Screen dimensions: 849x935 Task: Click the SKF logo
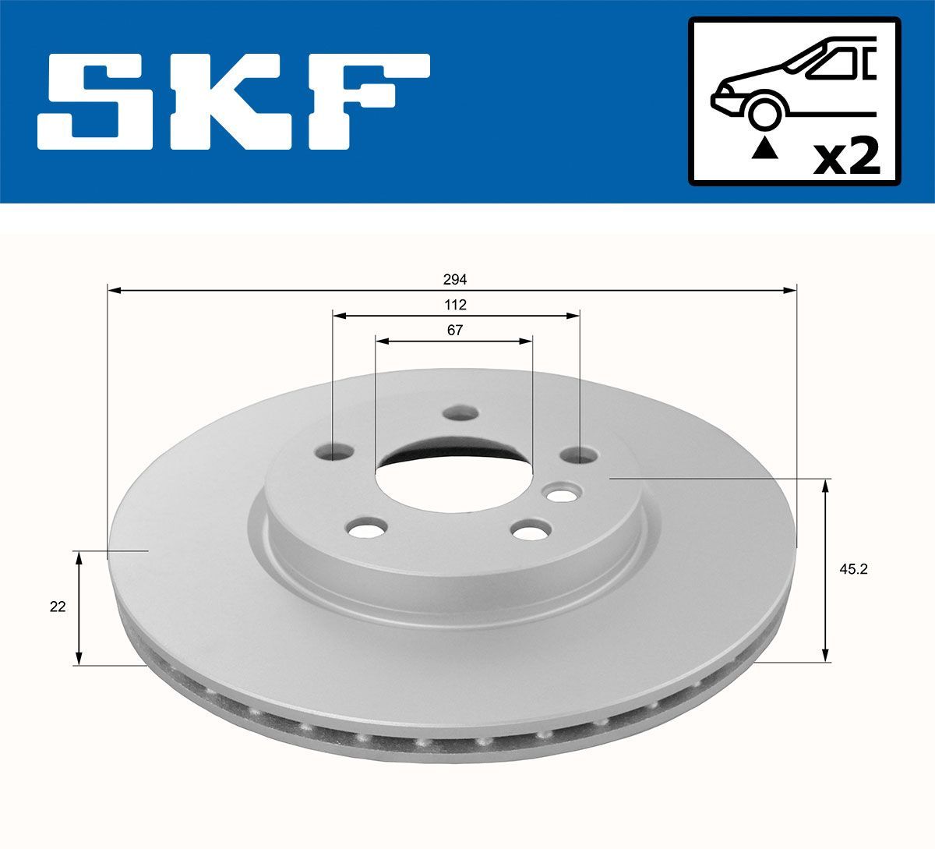click(x=234, y=101)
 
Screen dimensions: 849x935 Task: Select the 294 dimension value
click(x=455, y=279)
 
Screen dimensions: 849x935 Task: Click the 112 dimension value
click(x=455, y=304)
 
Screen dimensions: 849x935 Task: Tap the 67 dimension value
click(x=455, y=330)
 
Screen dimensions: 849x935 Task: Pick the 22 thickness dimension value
click(x=58, y=607)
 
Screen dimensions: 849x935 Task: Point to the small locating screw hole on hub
click(x=560, y=493)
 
